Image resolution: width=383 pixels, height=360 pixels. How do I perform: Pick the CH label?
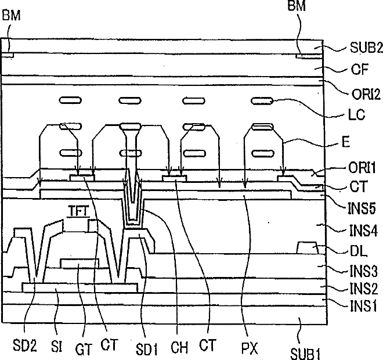point(179,348)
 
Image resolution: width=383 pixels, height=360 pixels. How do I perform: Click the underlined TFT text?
point(78,213)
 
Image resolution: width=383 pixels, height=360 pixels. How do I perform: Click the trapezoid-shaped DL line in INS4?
point(308,249)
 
